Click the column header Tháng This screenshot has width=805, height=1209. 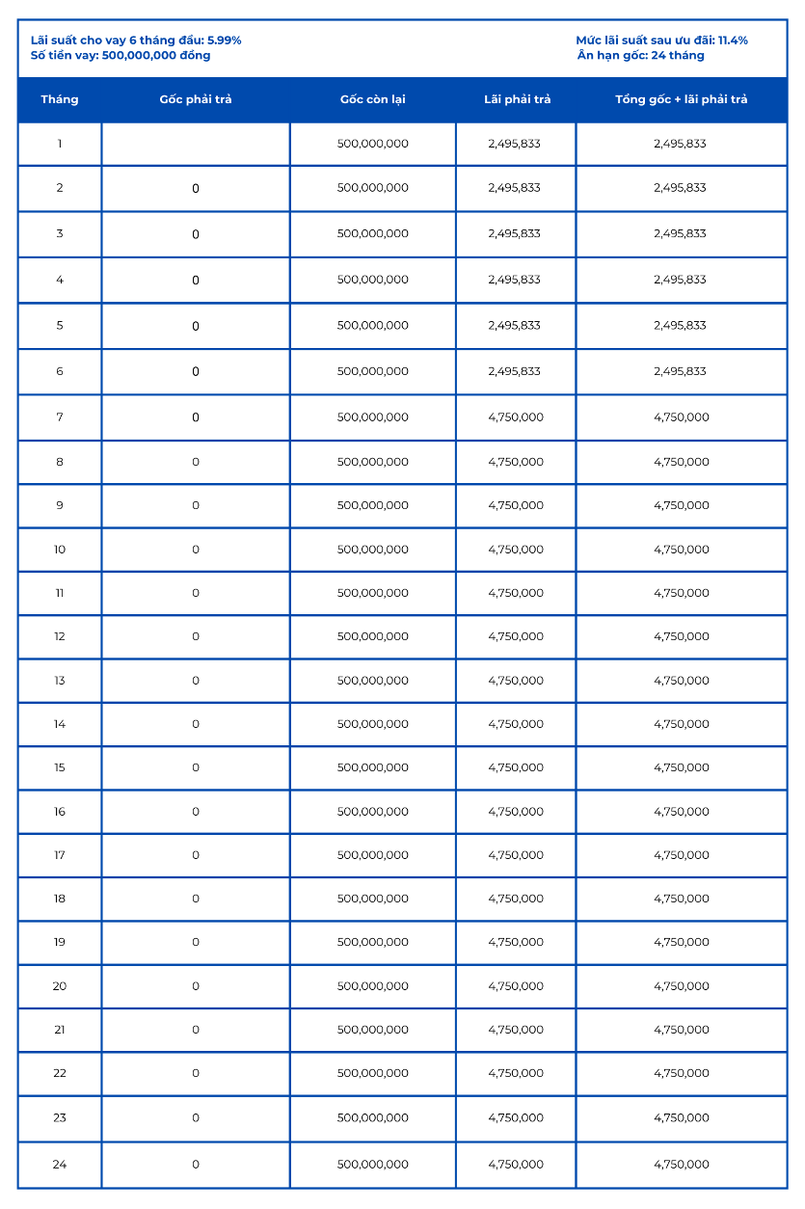pyautogui.click(x=60, y=99)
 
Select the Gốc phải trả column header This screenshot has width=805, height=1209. pyautogui.click(x=196, y=99)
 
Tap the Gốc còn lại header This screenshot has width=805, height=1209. pyautogui.click(x=372, y=99)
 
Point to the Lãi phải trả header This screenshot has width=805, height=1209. pyautogui.click(x=517, y=99)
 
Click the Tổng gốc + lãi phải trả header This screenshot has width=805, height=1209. pyautogui.click(x=681, y=99)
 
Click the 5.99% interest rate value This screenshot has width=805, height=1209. pyautogui.click(x=225, y=40)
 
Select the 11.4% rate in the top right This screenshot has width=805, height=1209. pyautogui.click(x=733, y=40)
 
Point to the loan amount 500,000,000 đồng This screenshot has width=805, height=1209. pyautogui.click(x=156, y=55)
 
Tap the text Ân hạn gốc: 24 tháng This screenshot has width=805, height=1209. pyautogui.click(x=641, y=55)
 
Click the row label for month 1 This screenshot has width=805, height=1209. pyautogui.click(x=60, y=144)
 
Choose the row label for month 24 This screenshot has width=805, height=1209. pyautogui.click(x=60, y=1165)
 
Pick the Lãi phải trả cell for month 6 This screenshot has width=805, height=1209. pyautogui.click(x=515, y=371)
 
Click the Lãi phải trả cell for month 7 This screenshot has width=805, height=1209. pyautogui.click(x=516, y=417)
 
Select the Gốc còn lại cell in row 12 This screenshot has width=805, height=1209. pyautogui.click(x=372, y=636)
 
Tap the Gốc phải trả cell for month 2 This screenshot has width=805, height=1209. pyautogui.click(x=196, y=189)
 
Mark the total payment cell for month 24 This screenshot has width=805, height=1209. pyautogui.click(x=681, y=1165)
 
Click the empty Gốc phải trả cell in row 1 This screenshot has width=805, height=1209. pyautogui.click(x=196, y=144)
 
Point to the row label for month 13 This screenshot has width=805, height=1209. pyautogui.click(x=60, y=681)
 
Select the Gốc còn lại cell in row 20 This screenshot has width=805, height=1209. pyautogui.click(x=372, y=986)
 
